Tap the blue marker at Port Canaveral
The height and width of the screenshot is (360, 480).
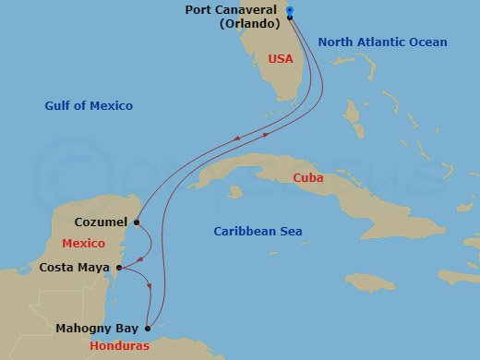click(290, 11)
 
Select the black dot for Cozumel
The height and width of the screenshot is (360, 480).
click(137, 222)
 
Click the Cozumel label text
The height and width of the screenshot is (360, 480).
click(100, 222)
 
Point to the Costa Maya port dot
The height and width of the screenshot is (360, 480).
click(119, 268)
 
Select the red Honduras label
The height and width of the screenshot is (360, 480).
click(122, 346)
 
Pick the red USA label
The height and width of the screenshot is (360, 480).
click(281, 58)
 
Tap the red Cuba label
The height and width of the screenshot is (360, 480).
click(307, 177)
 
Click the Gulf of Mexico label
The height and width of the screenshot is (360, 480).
click(89, 106)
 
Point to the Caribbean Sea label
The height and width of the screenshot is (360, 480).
click(258, 232)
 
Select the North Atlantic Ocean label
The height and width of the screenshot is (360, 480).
click(382, 42)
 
